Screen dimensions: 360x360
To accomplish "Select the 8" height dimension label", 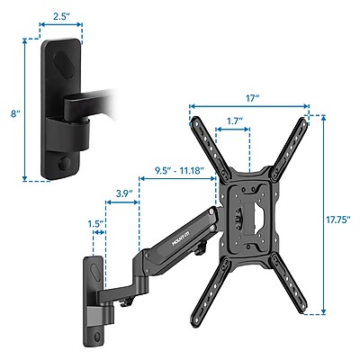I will [13, 115].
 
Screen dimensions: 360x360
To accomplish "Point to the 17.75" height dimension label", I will [337, 216].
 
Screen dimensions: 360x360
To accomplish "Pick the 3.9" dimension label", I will [127, 192].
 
